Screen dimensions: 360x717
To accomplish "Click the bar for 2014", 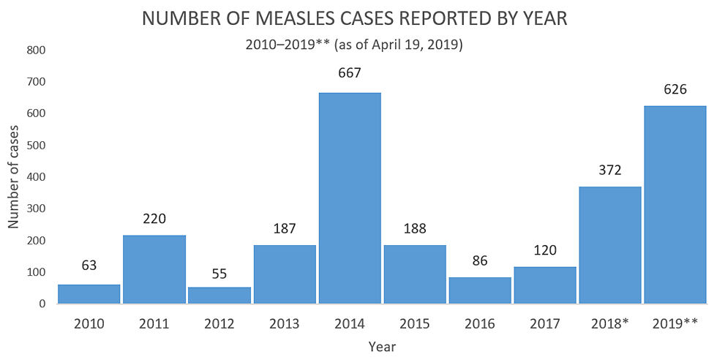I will tap(350, 198).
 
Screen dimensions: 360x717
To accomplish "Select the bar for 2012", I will tap(219, 295).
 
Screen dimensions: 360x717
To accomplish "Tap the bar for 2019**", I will tap(675, 204).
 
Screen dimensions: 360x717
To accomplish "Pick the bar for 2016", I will tap(480, 290).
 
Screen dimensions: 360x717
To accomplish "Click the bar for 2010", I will tap(89, 293).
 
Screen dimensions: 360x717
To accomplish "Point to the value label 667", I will tap(350, 73).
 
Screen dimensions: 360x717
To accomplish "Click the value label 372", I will tap(609, 170).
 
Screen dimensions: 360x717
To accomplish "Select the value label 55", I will tap(219, 274).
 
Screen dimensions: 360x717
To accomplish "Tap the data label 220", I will tap(154, 218).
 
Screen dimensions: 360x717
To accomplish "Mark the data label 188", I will tap(415, 228).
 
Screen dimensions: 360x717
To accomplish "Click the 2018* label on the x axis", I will tap(609, 323).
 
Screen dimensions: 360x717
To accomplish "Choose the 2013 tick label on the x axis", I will tap(285, 323).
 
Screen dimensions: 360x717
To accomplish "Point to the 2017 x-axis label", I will tap(545, 323).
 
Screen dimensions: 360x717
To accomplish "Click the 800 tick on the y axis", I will tap(37, 50).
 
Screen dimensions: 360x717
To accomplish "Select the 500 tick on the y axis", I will tap(37, 146).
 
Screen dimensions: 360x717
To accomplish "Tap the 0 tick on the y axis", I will tap(42, 304).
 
